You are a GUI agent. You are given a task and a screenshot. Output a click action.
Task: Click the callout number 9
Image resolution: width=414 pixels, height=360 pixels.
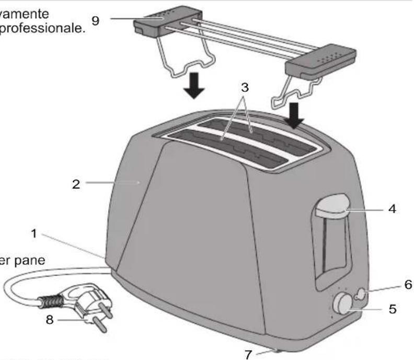click(95, 20)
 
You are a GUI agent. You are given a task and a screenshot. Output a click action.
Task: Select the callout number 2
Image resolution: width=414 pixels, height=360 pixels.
click(76, 184)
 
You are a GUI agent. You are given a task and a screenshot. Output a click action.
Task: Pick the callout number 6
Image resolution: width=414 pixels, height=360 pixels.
click(408, 285)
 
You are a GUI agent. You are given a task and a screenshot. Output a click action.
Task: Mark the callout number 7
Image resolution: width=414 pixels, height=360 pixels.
click(49, 319)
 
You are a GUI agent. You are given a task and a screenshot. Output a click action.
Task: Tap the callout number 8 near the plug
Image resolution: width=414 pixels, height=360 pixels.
click(49, 319)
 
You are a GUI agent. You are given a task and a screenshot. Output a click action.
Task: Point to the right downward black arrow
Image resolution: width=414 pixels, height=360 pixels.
click(295, 115)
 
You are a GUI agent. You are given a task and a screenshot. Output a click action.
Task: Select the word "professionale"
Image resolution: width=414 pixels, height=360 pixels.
click(42, 27)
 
